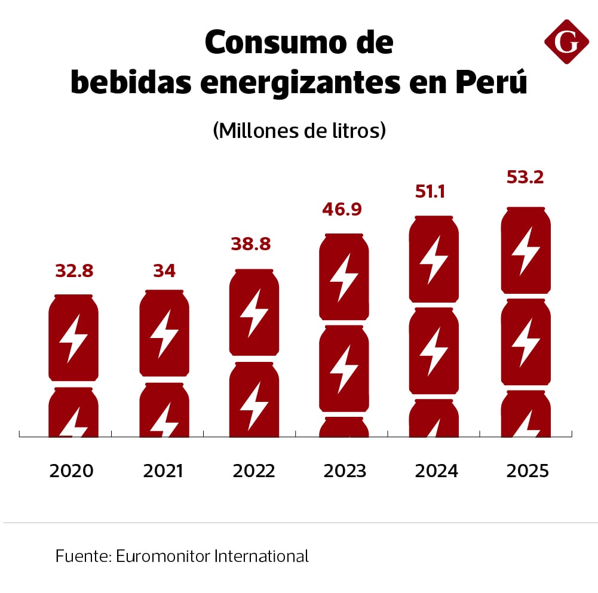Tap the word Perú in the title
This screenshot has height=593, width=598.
tap(491, 82)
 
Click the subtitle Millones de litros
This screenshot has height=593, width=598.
tap(299, 130)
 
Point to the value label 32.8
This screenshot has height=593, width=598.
tap(74, 271)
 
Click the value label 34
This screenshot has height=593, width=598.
tap(164, 271)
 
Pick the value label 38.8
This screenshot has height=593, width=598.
tap(251, 244)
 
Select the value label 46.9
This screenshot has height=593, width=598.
tap(343, 210)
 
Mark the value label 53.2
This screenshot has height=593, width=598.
tap(525, 177)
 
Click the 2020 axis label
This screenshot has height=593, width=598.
tap(72, 471)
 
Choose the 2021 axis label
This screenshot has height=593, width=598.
tap(163, 471)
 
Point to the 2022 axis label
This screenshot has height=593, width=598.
tap(254, 471)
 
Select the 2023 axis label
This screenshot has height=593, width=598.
tap(345, 471)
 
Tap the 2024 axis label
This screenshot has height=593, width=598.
tap(436, 471)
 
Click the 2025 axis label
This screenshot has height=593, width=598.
tap(527, 471)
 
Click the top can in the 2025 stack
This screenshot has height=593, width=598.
tap(526, 251)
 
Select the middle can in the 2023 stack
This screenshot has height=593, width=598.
tap(344, 368)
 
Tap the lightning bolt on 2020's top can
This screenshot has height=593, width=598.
tap(73, 339)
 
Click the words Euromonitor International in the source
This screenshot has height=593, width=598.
tap(213, 557)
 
